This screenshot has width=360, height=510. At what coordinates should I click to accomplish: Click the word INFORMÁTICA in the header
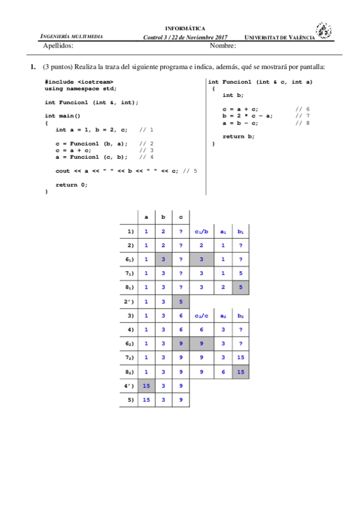click(x=185, y=28)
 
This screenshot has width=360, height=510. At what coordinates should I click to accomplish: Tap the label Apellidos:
click(x=58, y=45)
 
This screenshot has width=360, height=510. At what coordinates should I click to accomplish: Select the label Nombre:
click(x=222, y=45)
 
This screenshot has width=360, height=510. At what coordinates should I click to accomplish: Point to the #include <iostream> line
click(x=79, y=81)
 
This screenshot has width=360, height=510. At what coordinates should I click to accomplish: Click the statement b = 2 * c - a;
click(x=248, y=115)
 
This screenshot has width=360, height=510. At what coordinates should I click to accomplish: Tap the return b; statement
click(x=238, y=137)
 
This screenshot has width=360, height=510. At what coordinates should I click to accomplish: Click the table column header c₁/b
click(x=201, y=230)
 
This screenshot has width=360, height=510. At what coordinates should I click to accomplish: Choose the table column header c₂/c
click(x=201, y=315)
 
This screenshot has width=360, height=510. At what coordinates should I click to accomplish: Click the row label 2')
click(x=129, y=301)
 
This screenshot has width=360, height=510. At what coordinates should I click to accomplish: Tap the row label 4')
click(x=129, y=386)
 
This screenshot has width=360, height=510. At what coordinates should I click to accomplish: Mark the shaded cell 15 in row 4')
click(x=146, y=386)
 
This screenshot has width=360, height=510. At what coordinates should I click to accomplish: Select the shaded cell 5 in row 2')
click(x=181, y=301)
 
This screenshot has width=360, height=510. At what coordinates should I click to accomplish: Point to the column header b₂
click(x=240, y=315)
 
